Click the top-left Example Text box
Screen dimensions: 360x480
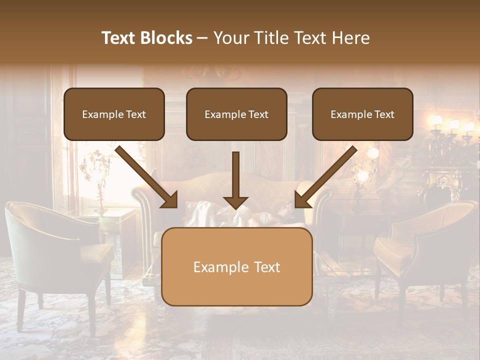click(x=114, y=114)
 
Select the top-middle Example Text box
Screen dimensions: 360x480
click(x=236, y=114)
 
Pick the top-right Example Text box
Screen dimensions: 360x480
click(x=362, y=114)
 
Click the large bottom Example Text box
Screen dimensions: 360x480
click(x=237, y=266)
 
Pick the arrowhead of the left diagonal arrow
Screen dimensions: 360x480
click(x=169, y=199)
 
